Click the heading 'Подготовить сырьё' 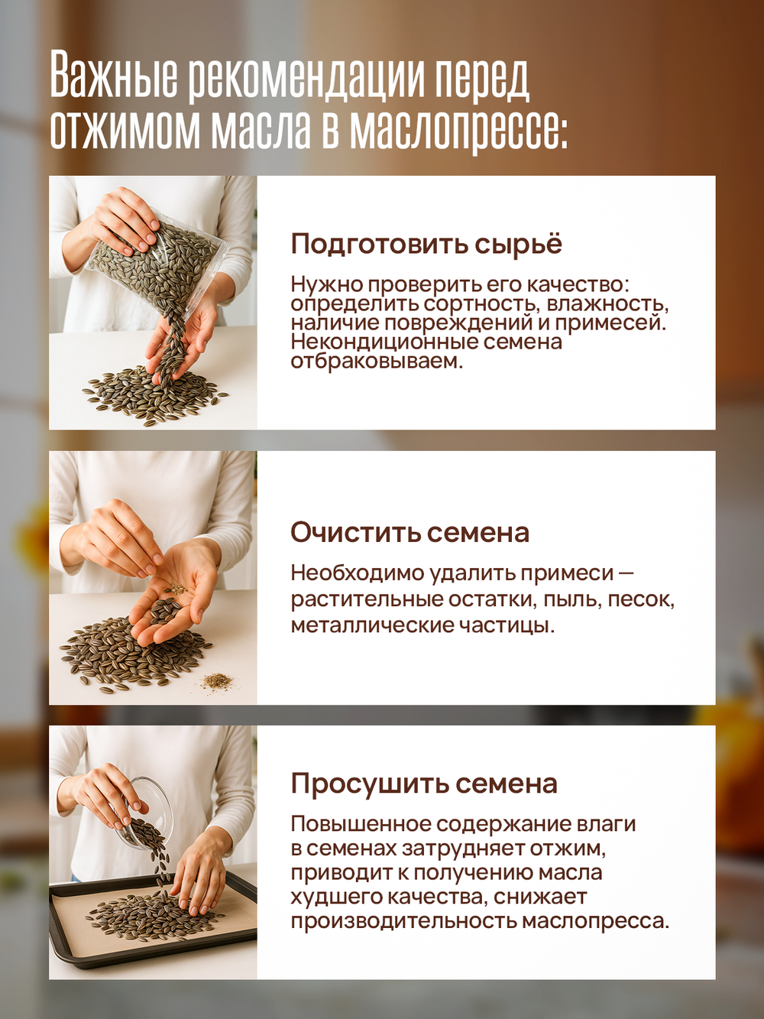click(x=426, y=245)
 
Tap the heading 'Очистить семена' click(x=410, y=533)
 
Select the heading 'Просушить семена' click(x=424, y=784)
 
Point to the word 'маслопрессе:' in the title click(x=459, y=130)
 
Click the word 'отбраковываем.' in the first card click(x=377, y=361)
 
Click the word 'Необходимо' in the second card click(x=357, y=573)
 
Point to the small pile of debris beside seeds click(x=217, y=679)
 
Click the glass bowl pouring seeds click(x=149, y=810)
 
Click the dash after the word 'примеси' click(x=626, y=573)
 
